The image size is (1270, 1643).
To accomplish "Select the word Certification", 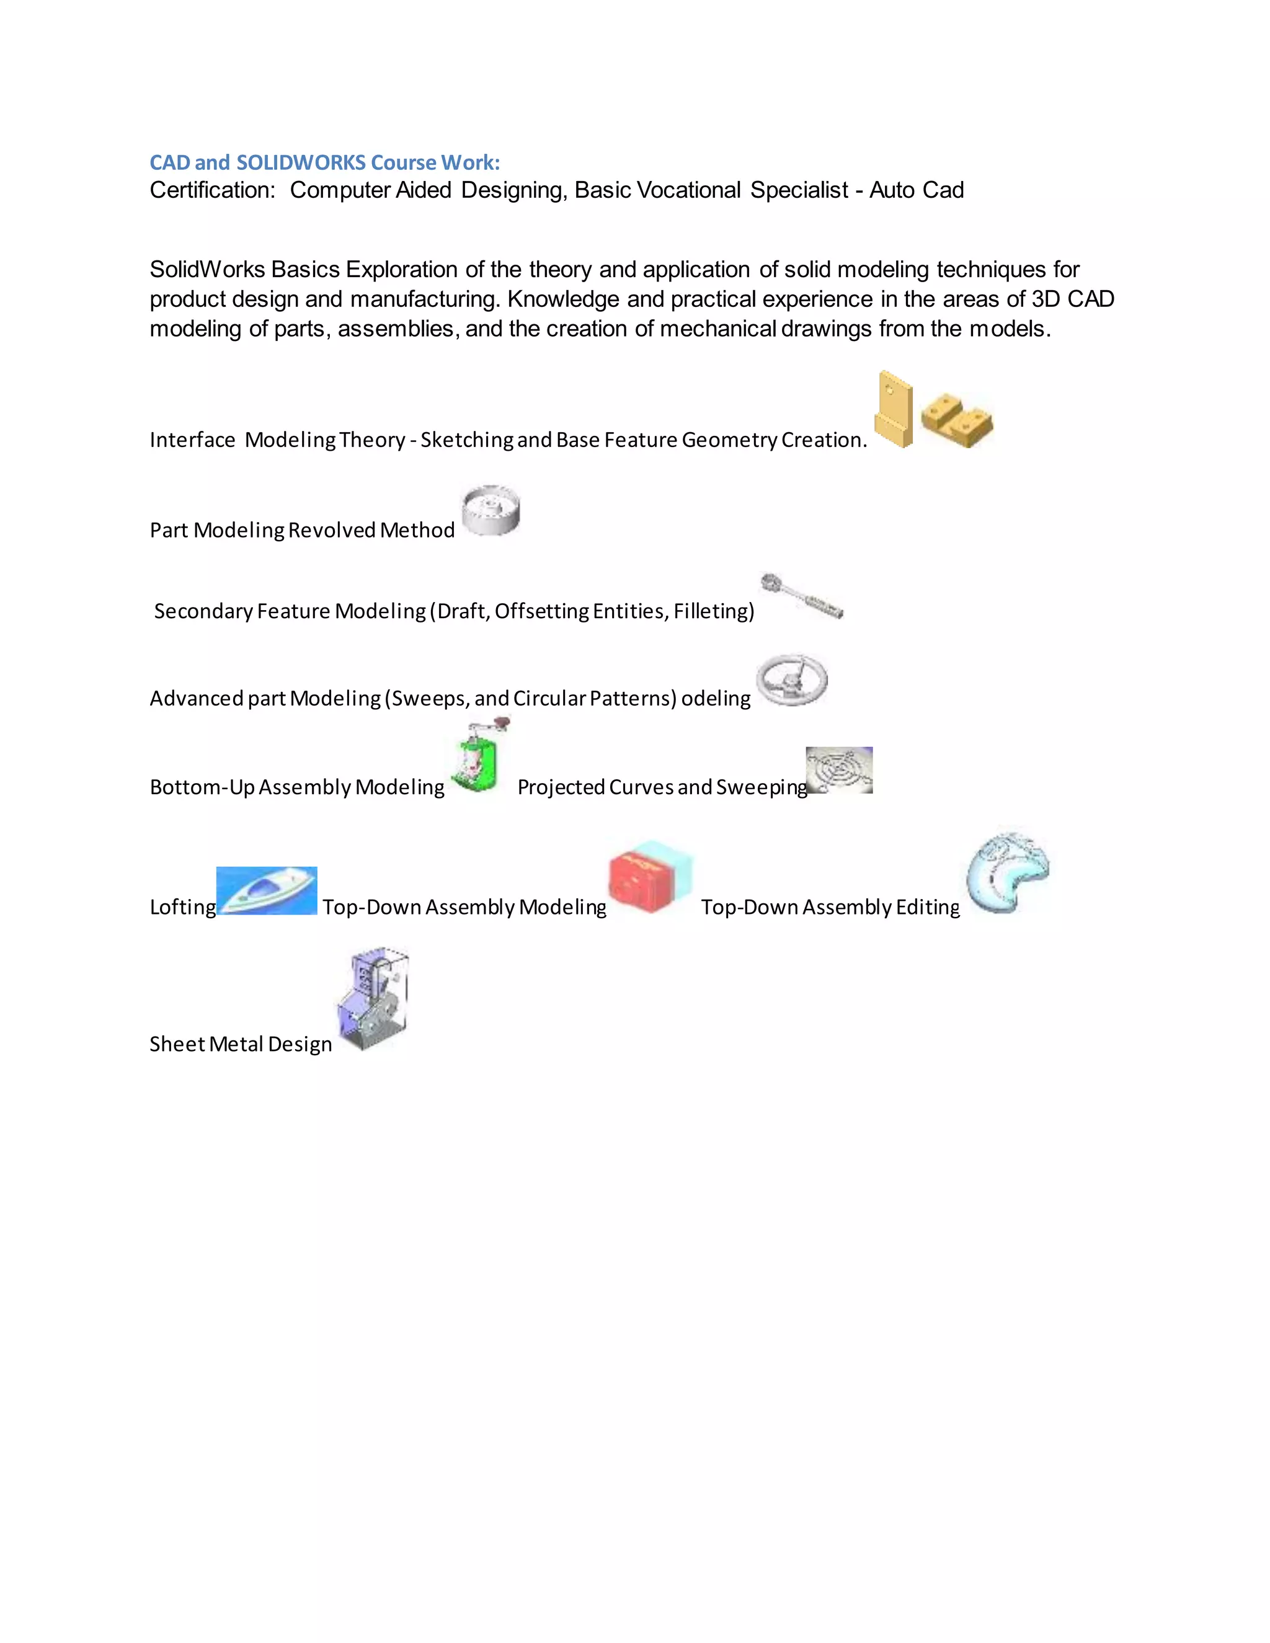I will (212, 190).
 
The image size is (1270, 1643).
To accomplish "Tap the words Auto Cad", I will (917, 190).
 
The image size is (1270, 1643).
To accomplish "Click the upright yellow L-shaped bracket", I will (893, 410).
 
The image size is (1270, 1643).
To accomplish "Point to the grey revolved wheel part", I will (491, 510).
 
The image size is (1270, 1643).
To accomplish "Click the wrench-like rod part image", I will (801, 596).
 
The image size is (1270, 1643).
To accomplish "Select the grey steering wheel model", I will (791, 680).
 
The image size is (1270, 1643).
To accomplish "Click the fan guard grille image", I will (840, 769).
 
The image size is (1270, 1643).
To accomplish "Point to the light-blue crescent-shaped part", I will (1008, 874).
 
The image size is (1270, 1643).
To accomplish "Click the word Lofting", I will (183, 907).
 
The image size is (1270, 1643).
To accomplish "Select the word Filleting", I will (713, 611).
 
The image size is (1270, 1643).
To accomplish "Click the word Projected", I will (561, 787).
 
